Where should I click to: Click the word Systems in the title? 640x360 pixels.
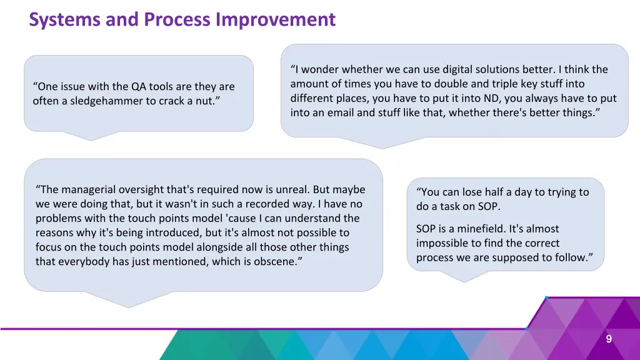[64, 19]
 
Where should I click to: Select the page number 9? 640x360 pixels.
[609, 339]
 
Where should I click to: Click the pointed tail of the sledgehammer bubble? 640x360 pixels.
[91, 141]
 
